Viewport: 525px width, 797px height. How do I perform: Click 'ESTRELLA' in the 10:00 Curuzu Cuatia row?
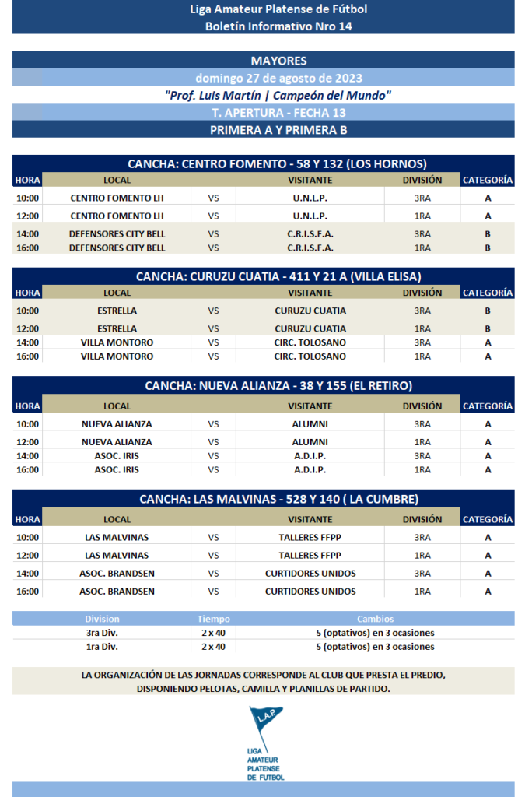(x=117, y=311)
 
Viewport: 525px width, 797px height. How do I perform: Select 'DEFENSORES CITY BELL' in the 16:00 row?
(x=117, y=248)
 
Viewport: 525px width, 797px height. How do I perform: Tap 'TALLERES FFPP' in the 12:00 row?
(x=310, y=555)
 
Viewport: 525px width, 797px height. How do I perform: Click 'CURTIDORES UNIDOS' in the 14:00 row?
(x=310, y=574)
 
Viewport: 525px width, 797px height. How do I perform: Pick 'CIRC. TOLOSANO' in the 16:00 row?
(x=310, y=356)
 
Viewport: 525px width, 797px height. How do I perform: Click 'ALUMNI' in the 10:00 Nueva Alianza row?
(x=310, y=424)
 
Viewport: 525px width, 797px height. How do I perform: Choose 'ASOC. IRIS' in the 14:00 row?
(x=117, y=455)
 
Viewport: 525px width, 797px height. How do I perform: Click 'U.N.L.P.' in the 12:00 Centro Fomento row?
(x=310, y=216)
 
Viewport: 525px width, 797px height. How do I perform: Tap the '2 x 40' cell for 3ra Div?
(x=213, y=633)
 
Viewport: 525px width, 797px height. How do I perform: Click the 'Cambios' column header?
(x=375, y=619)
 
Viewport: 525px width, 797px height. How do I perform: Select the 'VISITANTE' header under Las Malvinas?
(x=310, y=519)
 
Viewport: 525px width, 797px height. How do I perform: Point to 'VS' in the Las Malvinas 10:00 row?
(x=213, y=537)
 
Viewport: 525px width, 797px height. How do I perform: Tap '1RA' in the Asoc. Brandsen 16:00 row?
(x=422, y=592)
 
